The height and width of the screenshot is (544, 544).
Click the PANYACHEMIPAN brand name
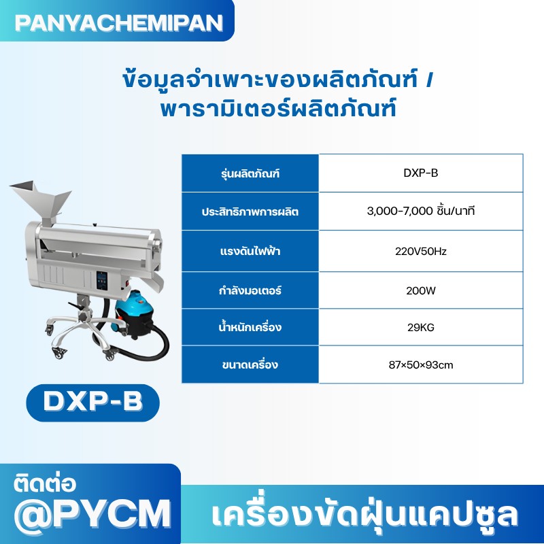pyautogui.click(x=118, y=22)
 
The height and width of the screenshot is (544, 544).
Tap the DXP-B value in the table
pyautogui.click(x=420, y=173)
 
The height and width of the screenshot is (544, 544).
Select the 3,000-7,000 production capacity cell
pyautogui.click(x=420, y=211)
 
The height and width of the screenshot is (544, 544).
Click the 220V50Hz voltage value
pyautogui.click(x=420, y=251)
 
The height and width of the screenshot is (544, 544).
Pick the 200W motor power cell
pyautogui.click(x=420, y=290)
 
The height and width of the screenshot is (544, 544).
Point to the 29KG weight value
pyautogui.click(x=420, y=328)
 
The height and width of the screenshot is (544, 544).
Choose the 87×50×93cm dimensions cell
pyautogui.click(x=420, y=365)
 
